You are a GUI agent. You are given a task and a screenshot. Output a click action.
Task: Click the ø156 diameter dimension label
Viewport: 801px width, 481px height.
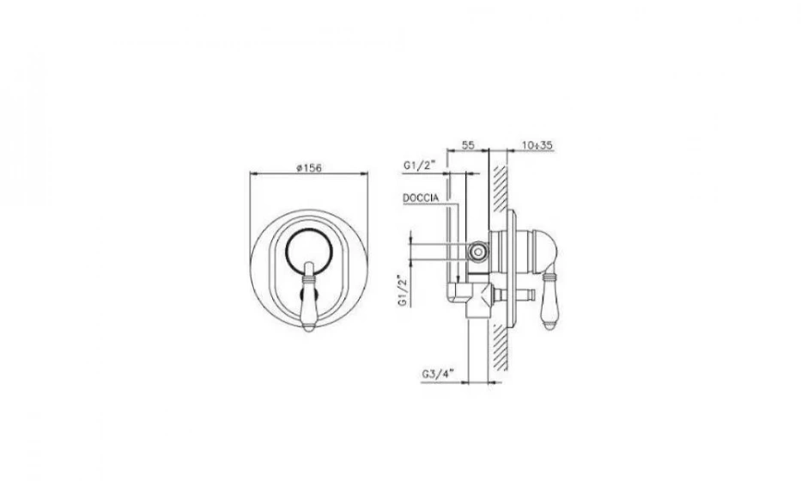tap(308, 167)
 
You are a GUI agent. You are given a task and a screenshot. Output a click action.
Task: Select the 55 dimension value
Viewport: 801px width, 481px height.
tap(468, 144)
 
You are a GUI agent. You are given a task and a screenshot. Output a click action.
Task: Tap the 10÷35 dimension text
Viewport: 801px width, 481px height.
tap(537, 145)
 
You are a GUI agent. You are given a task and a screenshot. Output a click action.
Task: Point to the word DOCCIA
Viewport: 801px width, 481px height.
tap(421, 198)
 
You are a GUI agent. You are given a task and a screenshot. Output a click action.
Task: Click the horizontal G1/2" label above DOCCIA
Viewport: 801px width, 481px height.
tap(418, 165)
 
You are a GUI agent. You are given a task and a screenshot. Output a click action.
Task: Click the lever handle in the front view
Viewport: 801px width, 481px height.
tap(310, 296)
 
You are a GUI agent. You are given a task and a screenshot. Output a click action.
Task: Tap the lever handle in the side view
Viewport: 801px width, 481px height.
tap(549, 301)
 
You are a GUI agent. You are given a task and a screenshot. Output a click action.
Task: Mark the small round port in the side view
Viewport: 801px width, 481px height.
tap(478, 251)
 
